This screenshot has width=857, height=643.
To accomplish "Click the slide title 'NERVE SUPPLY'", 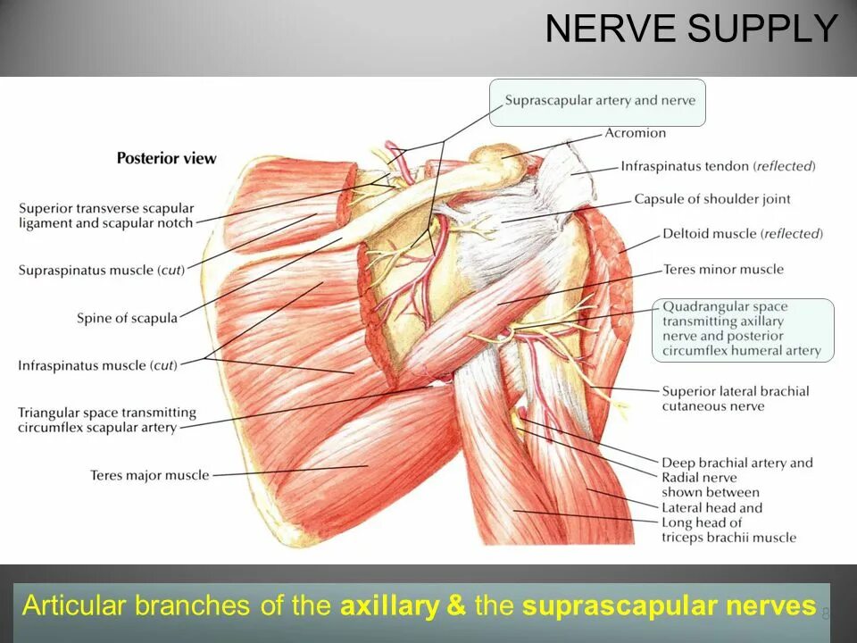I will tap(692, 29).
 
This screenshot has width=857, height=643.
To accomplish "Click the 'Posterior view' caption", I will tap(166, 158).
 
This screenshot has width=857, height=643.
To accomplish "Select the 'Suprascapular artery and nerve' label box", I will tap(599, 101).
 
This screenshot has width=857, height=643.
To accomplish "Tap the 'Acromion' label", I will tap(635, 133).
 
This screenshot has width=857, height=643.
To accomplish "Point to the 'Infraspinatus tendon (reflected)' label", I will tap(718, 166).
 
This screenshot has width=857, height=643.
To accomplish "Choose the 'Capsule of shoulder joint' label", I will tap(711, 199).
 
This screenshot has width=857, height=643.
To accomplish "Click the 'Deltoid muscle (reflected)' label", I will tap(742, 234).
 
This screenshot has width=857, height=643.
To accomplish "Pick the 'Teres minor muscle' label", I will tap(723, 270).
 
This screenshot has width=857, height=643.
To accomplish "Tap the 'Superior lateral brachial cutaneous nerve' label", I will tap(735, 398).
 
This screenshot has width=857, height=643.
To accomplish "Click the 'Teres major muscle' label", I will tap(149, 475).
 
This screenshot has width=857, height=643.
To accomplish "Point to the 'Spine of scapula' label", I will tap(127, 318).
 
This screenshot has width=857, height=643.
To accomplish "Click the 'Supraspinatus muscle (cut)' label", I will tap(101, 270).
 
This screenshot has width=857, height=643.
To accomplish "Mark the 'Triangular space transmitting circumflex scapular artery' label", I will tap(106, 420).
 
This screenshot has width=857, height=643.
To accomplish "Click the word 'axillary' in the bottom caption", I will tap(389, 606).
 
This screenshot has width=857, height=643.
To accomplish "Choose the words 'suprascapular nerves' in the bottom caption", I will tap(669, 606).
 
